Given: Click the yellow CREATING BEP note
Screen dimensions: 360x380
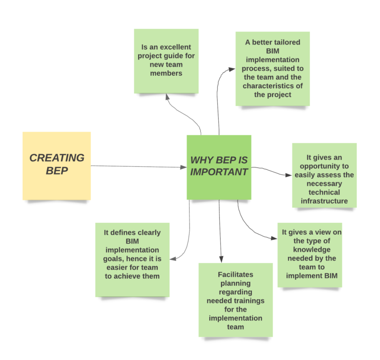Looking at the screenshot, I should (x=56, y=165).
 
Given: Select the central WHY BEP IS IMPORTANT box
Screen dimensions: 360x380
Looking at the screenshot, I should (x=219, y=167).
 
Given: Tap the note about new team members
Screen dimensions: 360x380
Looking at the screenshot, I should (x=166, y=60).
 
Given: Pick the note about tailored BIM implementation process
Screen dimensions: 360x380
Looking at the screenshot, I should (x=272, y=68).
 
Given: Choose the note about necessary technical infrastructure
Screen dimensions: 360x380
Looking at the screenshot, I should (x=324, y=175).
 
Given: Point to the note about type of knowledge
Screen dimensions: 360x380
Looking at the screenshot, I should (x=310, y=254).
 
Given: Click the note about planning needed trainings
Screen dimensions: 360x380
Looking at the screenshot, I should (x=236, y=299).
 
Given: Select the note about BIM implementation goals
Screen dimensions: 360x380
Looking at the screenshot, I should (x=132, y=259).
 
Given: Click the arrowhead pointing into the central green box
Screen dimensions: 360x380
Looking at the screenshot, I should (x=184, y=167).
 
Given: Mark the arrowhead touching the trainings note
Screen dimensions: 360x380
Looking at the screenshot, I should (x=221, y=259).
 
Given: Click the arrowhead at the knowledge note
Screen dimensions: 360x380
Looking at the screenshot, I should (x=274, y=238).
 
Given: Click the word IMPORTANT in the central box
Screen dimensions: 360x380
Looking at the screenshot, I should (x=219, y=172).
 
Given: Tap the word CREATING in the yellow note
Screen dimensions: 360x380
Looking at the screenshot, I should (x=56, y=158).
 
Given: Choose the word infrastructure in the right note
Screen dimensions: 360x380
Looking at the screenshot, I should (x=324, y=201).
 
